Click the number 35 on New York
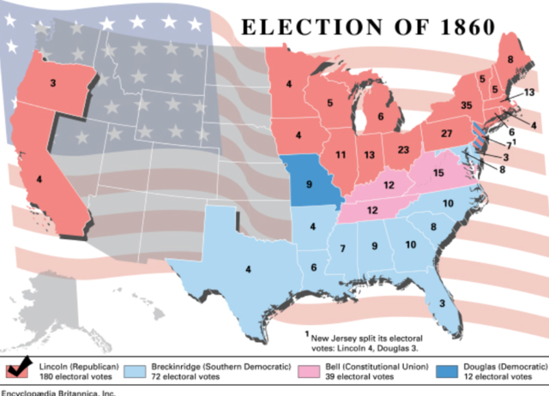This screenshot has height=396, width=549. click(x=466, y=105)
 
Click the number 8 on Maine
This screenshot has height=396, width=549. click(x=510, y=59)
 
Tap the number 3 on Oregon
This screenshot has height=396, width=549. click(x=53, y=83)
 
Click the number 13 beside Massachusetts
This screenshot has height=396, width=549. click(x=529, y=92)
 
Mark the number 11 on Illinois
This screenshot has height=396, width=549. click(x=341, y=154)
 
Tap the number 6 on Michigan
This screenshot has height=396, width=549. click(x=381, y=117)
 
